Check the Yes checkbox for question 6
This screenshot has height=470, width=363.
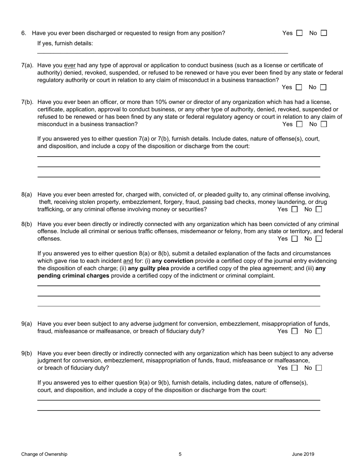coord(299,33)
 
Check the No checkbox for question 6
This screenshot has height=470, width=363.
coord(324,33)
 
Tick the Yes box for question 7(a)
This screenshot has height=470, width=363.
coord(299,88)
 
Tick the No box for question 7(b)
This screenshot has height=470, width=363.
coord(324,124)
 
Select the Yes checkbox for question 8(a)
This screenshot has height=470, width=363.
coord(294,209)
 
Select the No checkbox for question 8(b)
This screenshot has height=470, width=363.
coord(319,239)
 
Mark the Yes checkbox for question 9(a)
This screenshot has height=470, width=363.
coord(294,331)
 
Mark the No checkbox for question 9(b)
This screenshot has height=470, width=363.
coord(319,368)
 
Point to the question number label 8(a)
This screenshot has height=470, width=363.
coord(27,194)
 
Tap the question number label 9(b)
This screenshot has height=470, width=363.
coord(27,353)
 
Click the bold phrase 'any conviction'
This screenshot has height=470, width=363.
coord(173,261)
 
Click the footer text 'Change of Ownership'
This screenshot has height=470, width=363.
coord(44,454)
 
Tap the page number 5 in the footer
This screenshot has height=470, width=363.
coord(180,454)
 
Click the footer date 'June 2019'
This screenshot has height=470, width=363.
coord(303,454)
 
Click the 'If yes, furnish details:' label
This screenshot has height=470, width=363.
coord(65,44)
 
